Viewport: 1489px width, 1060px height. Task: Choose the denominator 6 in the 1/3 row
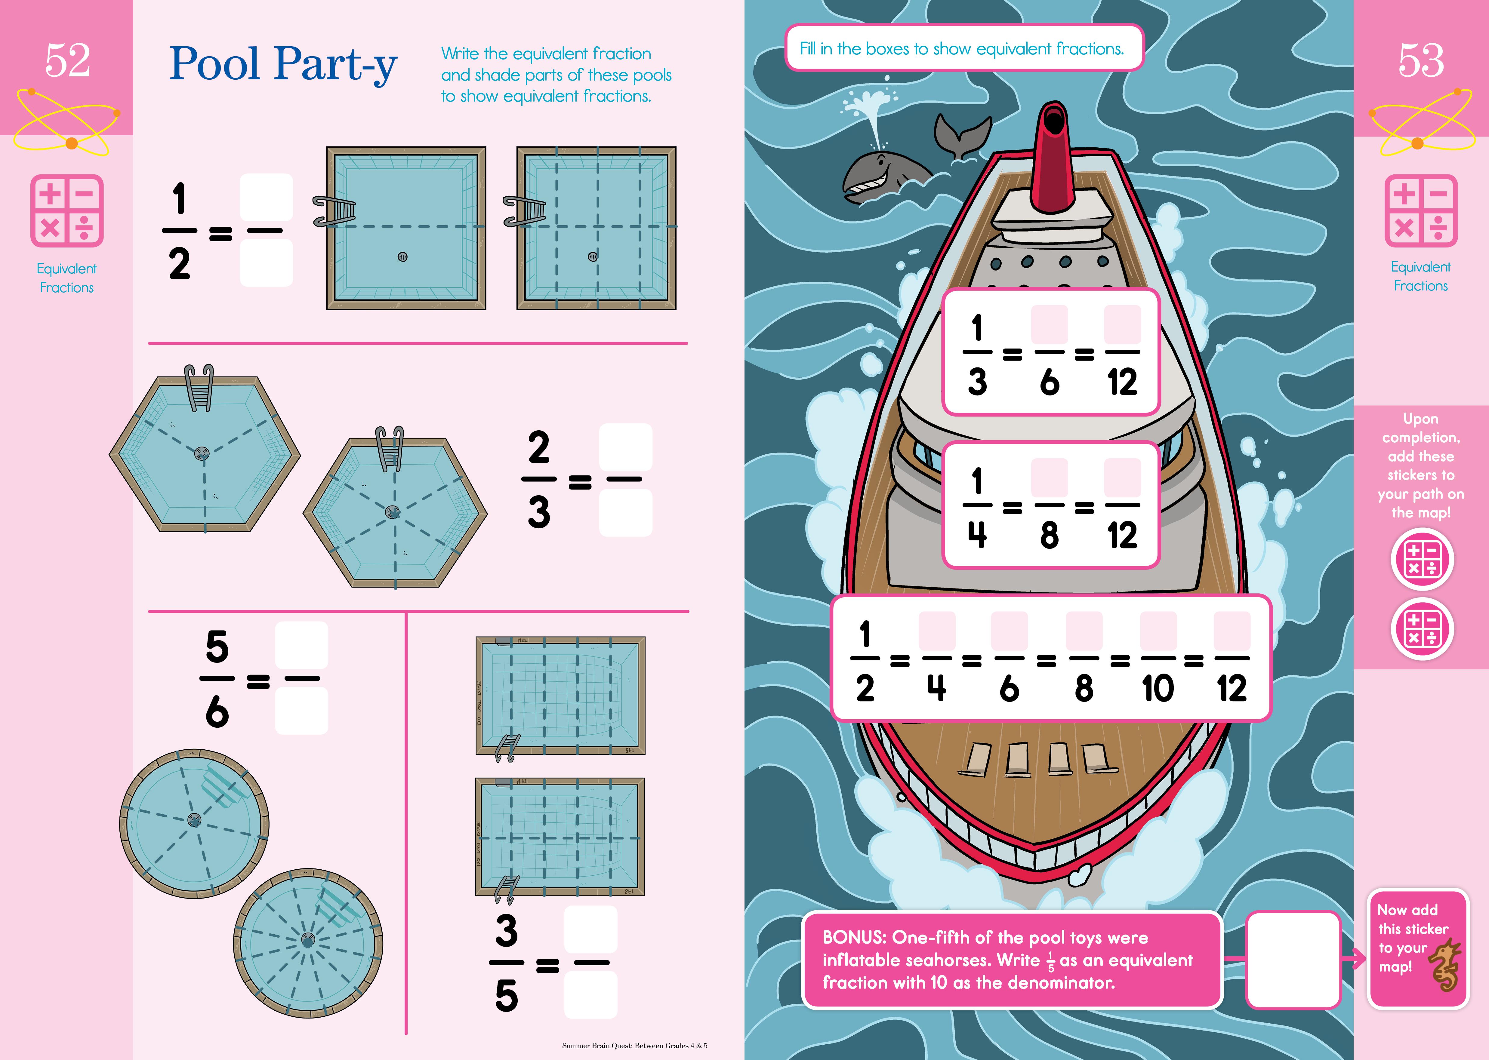pyautogui.click(x=1049, y=382)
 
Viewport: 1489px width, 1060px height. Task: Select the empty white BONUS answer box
pyautogui.click(x=1293, y=960)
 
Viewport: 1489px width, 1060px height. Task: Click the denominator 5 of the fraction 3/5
pyautogui.click(x=507, y=996)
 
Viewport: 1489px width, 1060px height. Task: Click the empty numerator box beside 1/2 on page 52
pyautogui.click(x=266, y=197)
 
